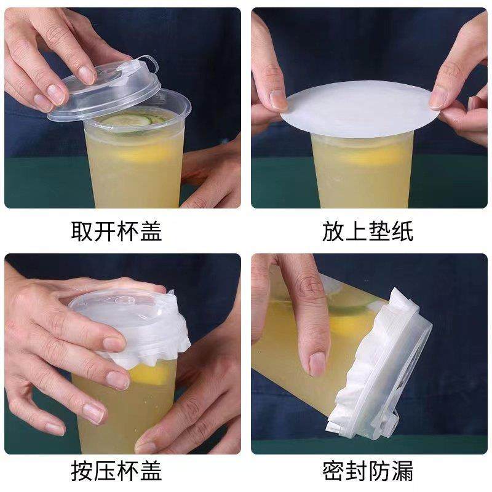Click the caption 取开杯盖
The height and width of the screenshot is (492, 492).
click(x=117, y=232)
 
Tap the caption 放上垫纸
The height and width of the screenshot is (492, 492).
click(x=368, y=232)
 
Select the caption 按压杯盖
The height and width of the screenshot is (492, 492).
click(x=117, y=470)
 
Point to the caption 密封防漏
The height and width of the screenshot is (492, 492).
click(x=368, y=470)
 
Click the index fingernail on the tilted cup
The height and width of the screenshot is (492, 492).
click(x=317, y=363)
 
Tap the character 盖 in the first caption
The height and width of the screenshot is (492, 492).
click(x=151, y=232)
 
